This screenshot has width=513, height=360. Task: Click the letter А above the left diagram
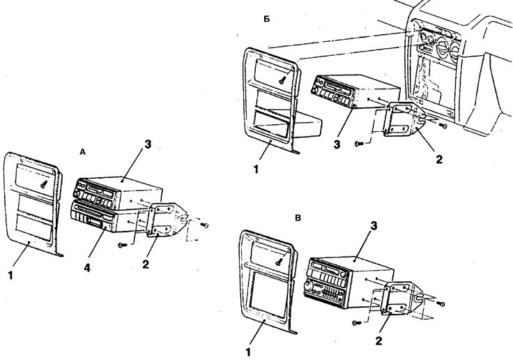[82, 151]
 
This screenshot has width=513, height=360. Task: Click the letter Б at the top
[267, 19]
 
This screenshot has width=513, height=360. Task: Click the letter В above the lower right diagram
[298, 218]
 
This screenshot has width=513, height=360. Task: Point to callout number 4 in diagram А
[86, 268]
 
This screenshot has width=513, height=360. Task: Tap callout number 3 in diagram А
[148, 144]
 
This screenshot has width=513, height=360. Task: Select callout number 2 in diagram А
[146, 264]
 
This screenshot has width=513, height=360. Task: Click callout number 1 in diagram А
[10, 275]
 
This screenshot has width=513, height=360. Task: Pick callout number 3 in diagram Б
[337, 144]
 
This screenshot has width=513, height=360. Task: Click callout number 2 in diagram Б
[439, 159]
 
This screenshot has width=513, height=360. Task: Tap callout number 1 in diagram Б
[256, 170]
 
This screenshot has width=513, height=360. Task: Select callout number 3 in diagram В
[374, 225]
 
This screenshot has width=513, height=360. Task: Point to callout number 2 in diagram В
[378, 340]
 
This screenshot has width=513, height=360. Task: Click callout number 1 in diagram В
[248, 352]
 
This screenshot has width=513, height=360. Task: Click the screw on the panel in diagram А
[44, 184]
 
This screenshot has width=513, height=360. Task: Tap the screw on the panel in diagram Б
[282, 80]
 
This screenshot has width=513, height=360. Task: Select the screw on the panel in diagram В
[279, 262]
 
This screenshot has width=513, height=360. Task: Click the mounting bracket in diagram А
[167, 220]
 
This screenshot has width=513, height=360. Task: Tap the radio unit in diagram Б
[355, 91]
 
